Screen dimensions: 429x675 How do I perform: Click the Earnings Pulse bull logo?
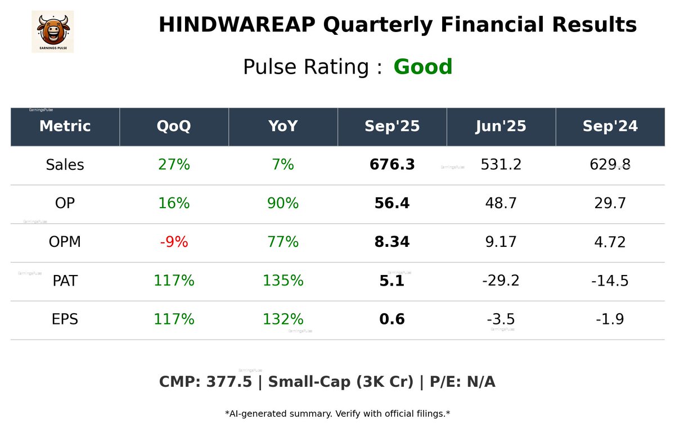point(52,31)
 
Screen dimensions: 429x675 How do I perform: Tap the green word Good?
point(423,67)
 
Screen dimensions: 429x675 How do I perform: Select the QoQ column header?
point(174,127)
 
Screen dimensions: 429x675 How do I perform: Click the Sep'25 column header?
point(392,127)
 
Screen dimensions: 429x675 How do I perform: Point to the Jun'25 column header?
point(501,127)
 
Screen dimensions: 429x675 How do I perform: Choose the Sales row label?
point(65,165)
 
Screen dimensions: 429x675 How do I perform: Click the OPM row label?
point(65,242)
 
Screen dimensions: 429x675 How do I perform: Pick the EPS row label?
point(65,319)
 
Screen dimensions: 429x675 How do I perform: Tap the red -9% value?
point(174,242)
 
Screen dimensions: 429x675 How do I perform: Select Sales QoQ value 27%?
point(174,165)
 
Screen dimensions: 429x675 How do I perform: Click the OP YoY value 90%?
point(283,204)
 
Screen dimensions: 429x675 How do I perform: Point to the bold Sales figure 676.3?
point(392,165)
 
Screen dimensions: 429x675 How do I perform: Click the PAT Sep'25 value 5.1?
point(392,281)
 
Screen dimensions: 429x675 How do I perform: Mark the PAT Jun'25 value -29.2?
point(501,281)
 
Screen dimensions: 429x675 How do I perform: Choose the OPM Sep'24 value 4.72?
point(610,242)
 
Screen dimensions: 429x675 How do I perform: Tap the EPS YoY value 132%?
point(283,319)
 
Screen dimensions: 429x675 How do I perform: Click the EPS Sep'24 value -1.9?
point(610,319)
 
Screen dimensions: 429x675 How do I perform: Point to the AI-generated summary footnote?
point(337,414)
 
